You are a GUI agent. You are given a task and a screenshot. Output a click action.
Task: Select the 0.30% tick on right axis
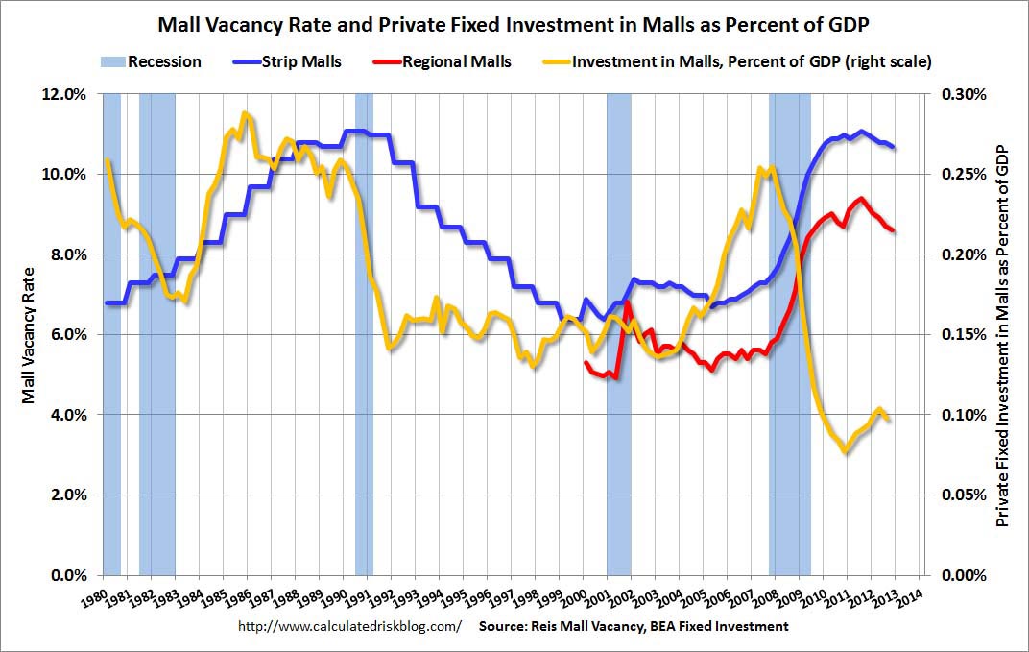pos(961,94)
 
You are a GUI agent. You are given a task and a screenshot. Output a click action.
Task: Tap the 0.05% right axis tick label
pos(961,495)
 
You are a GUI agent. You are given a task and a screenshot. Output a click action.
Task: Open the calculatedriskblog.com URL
pos(349,626)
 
